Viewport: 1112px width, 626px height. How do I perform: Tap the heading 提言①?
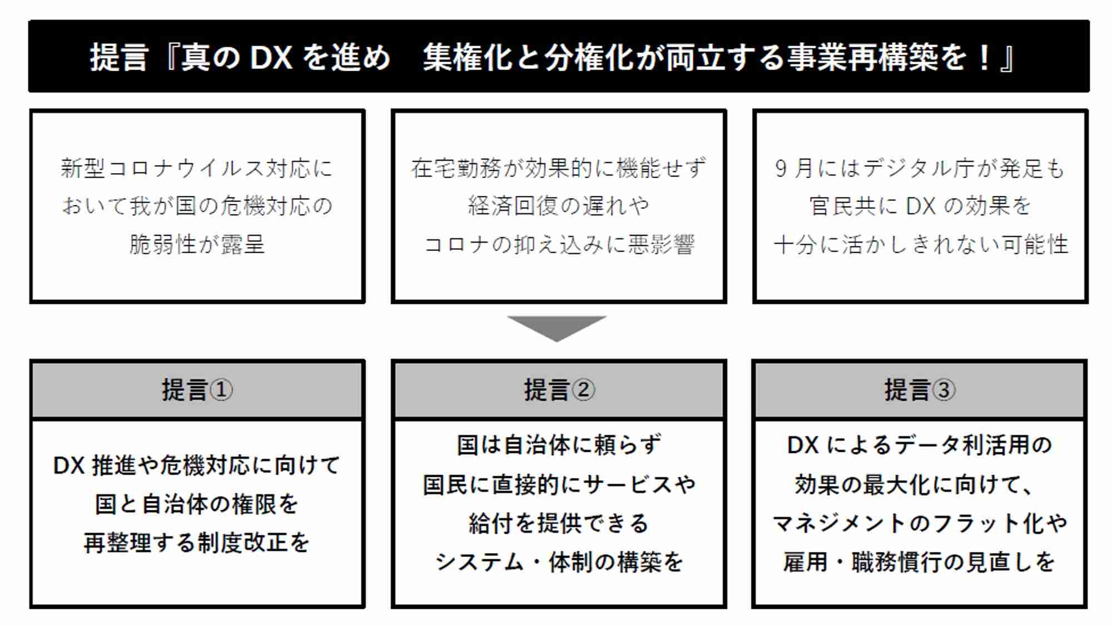point(197,390)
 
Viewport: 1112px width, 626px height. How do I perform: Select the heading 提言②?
point(559,390)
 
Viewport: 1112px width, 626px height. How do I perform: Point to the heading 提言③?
point(920,390)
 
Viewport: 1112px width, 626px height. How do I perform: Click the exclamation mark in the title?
point(984,57)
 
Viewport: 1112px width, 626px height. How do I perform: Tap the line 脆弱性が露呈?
point(197,244)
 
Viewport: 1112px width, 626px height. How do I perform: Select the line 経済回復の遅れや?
point(559,205)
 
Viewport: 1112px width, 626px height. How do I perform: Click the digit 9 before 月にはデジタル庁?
point(781,169)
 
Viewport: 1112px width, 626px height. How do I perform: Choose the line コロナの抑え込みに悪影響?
point(559,244)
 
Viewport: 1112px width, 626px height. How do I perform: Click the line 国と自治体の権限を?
point(197,504)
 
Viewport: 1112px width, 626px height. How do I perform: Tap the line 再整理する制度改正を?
point(197,543)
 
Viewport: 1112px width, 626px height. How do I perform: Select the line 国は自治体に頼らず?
point(559,445)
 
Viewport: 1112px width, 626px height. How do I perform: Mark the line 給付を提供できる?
point(559,523)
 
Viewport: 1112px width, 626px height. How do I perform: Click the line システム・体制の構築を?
point(559,562)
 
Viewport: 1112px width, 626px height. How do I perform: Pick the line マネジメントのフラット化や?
point(920,523)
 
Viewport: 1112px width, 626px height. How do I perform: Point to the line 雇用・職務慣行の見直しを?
point(920,562)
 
